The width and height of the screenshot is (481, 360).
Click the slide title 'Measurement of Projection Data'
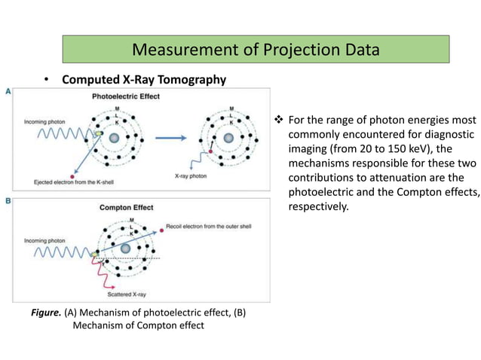(x=255, y=50)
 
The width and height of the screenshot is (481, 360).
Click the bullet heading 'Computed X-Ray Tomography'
(x=144, y=80)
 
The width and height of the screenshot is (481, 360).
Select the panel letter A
(x=8, y=91)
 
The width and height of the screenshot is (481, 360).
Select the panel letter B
(x=8, y=200)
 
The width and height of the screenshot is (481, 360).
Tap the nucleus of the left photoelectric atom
(x=115, y=139)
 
